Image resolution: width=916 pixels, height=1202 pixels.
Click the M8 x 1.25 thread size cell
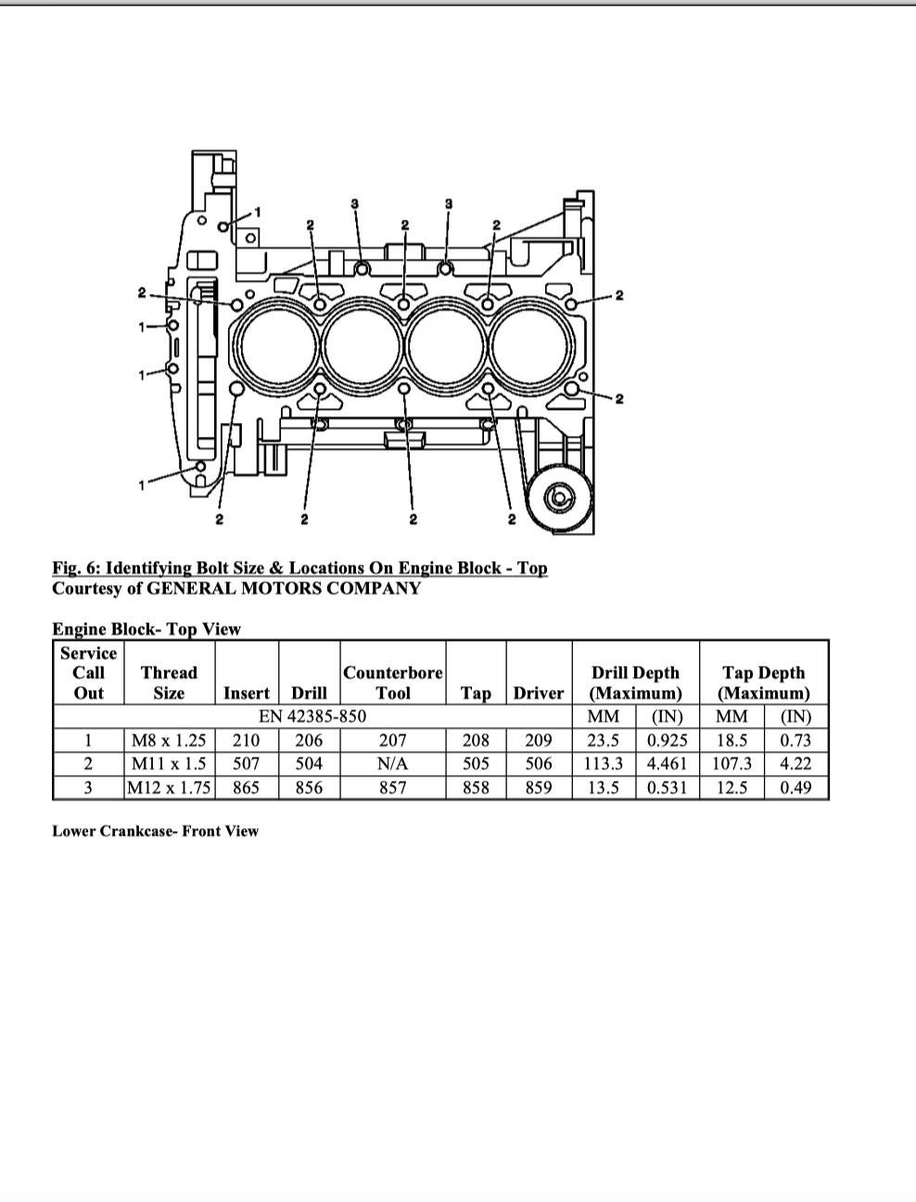(x=169, y=740)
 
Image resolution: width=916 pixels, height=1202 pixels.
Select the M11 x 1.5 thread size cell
(x=169, y=763)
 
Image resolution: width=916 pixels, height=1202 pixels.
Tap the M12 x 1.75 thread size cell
(x=169, y=787)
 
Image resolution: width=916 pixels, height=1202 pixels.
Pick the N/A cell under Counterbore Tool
(x=392, y=763)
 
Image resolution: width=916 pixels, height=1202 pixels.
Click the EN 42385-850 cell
(x=312, y=716)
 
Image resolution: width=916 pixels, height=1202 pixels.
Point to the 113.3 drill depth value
(x=604, y=763)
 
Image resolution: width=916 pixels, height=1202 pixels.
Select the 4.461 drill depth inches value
(x=667, y=763)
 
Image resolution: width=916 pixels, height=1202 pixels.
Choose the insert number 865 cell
(x=246, y=787)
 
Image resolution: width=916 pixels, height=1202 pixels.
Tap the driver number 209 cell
(x=538, y=740)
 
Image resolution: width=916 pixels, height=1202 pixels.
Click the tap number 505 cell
(x=475, y=763)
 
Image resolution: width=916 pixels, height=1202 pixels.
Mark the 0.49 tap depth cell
(x=795, y=787)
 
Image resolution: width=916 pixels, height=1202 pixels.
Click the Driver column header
(x=538, y=693)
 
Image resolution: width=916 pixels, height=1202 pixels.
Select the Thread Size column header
(x=169, y=683)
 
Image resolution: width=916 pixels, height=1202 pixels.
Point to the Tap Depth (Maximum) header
(x=763, y=683)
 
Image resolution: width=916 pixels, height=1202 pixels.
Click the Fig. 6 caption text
(x=299, y=568)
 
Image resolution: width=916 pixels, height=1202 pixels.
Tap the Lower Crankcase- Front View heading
(x=155, y=831)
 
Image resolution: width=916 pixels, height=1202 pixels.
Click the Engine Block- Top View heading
(x=146, y=629)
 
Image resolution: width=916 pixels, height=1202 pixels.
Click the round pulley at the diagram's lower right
(x=559, y=498)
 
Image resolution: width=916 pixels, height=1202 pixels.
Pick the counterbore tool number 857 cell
(x=392, y=787)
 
